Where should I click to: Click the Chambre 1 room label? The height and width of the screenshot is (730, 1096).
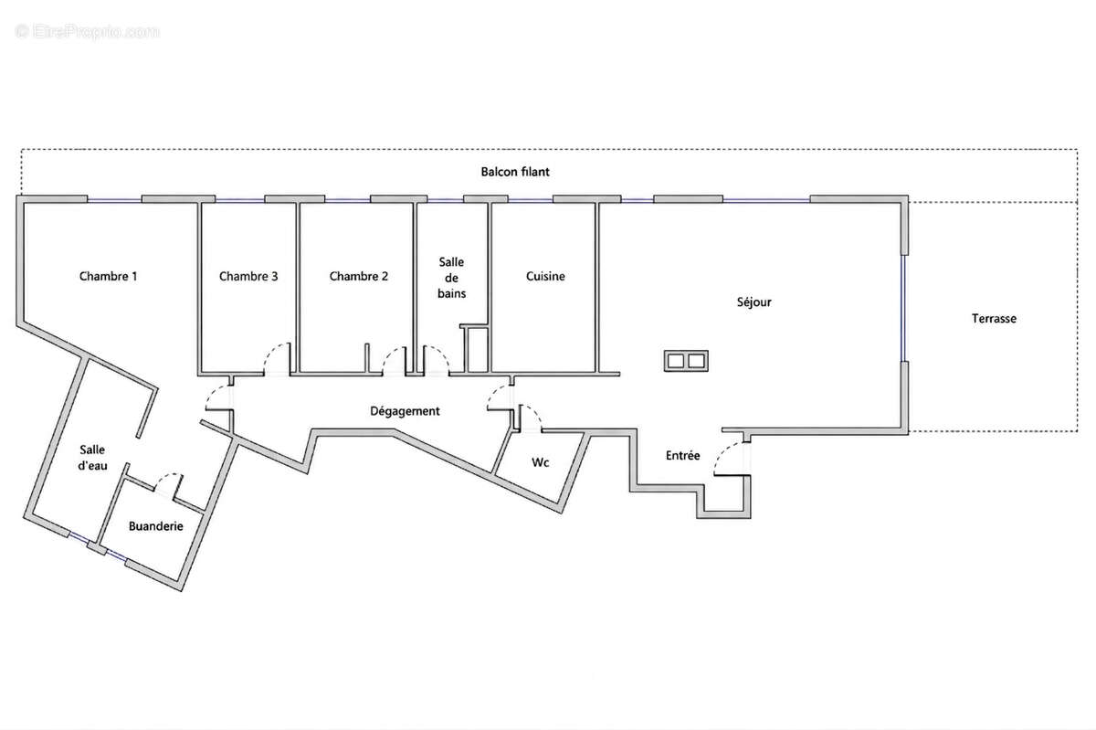click(108, 276)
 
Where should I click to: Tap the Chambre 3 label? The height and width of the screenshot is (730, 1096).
click(248, 276)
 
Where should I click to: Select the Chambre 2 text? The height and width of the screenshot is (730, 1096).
click(359, 276)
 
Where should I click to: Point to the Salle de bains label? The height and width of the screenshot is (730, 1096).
click(451, 278)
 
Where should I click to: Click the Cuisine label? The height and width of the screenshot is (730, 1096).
click(545, 276)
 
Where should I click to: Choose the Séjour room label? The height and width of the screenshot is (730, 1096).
click(754, 302)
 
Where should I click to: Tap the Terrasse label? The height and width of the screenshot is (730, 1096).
click(994, 319)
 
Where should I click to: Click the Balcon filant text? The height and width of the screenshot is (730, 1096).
click(515, 172)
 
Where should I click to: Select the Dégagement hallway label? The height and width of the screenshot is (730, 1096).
click(405, 411)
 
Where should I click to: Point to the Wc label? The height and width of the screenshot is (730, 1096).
click(541, 462)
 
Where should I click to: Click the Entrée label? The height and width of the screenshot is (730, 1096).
click(683, 455)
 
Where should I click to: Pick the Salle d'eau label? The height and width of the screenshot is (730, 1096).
click(92, 458)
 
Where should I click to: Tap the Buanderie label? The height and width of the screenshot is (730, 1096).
click(156, 526)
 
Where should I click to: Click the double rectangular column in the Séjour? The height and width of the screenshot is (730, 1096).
click(686, 361)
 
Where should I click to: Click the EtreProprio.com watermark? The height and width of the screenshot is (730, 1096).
click(87, 32)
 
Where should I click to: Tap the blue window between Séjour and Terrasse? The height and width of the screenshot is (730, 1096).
click(903, 308)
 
